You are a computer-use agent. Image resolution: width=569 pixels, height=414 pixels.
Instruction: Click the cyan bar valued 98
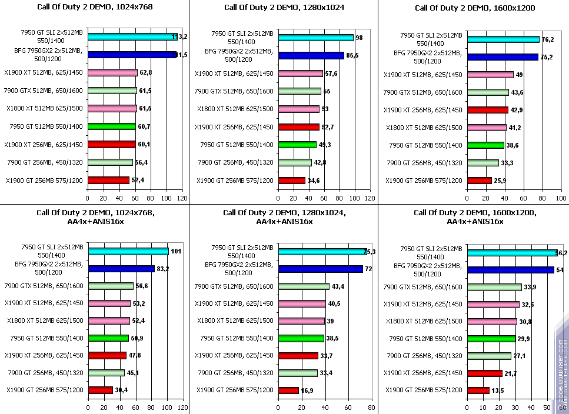point(316,38)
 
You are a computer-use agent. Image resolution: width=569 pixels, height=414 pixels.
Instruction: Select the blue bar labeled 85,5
point(311,56)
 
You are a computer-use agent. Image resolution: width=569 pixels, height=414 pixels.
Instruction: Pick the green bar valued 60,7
point(112,126)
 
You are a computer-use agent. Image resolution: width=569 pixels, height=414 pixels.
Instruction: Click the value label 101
point(177,252)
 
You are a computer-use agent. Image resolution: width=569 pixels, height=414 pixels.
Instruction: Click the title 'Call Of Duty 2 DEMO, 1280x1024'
point(284,8)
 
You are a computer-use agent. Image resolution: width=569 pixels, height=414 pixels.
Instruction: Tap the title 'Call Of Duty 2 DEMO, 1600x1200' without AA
point(474,8)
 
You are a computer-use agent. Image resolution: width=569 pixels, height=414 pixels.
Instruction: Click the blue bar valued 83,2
point(121,269)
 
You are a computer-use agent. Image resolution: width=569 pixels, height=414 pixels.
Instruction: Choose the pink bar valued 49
point(490,75)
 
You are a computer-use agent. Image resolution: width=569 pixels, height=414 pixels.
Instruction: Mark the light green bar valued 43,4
point(304,286)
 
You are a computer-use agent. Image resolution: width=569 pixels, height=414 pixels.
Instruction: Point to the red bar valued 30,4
point(100,390)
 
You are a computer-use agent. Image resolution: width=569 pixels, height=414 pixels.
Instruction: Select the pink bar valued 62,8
point(112,73)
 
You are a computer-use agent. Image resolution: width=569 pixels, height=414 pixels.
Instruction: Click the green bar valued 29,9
point(491,338)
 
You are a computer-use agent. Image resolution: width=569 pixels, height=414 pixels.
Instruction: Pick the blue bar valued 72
point(320,269)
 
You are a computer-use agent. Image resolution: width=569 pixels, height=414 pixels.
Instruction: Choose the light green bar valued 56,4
point(111,162)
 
